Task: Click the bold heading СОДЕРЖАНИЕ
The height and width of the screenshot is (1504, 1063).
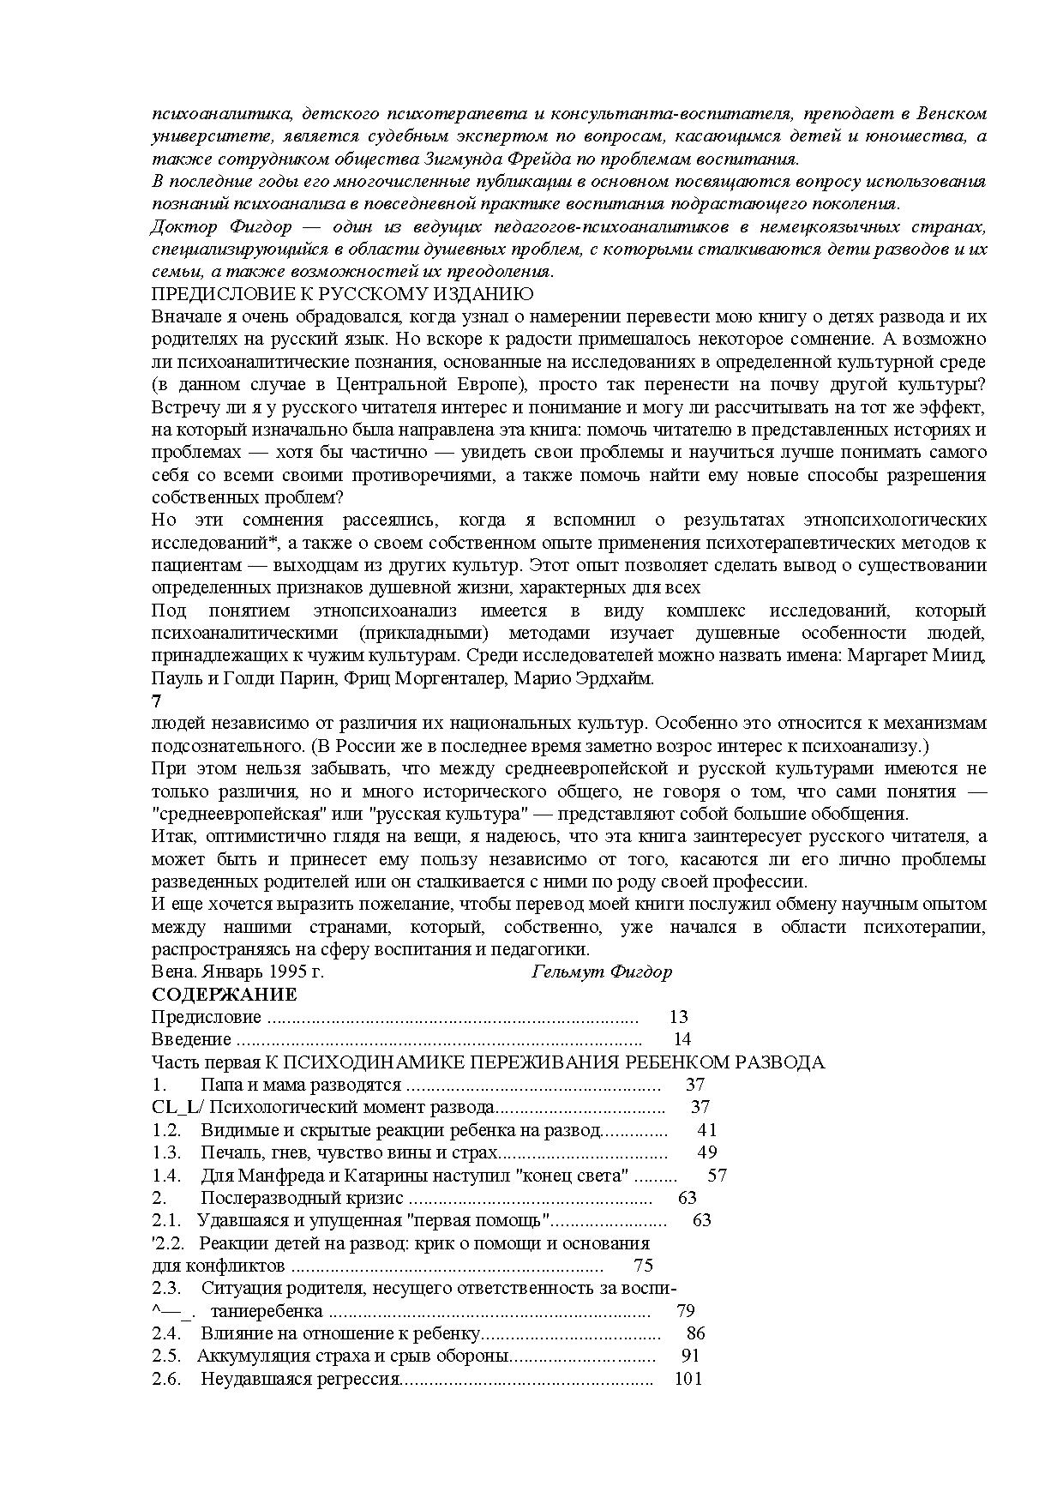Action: click(224, 995)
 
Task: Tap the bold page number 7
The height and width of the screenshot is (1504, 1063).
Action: click(156, 701)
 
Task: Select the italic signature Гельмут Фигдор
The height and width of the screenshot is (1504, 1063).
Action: click(602, 972)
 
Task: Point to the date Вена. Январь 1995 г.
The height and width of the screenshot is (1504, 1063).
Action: click(237, 972)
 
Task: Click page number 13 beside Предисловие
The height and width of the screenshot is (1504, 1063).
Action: click(678, 1017)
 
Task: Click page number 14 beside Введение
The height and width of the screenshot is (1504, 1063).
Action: click(682, 1039)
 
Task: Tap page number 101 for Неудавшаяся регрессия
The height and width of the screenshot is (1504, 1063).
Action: click(688, 1379)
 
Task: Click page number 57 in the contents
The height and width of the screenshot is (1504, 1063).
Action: click(717, 1175)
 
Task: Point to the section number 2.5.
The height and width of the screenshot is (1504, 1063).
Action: click(166, 1356)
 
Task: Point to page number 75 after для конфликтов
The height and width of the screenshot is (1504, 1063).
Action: click(643, 1266)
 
